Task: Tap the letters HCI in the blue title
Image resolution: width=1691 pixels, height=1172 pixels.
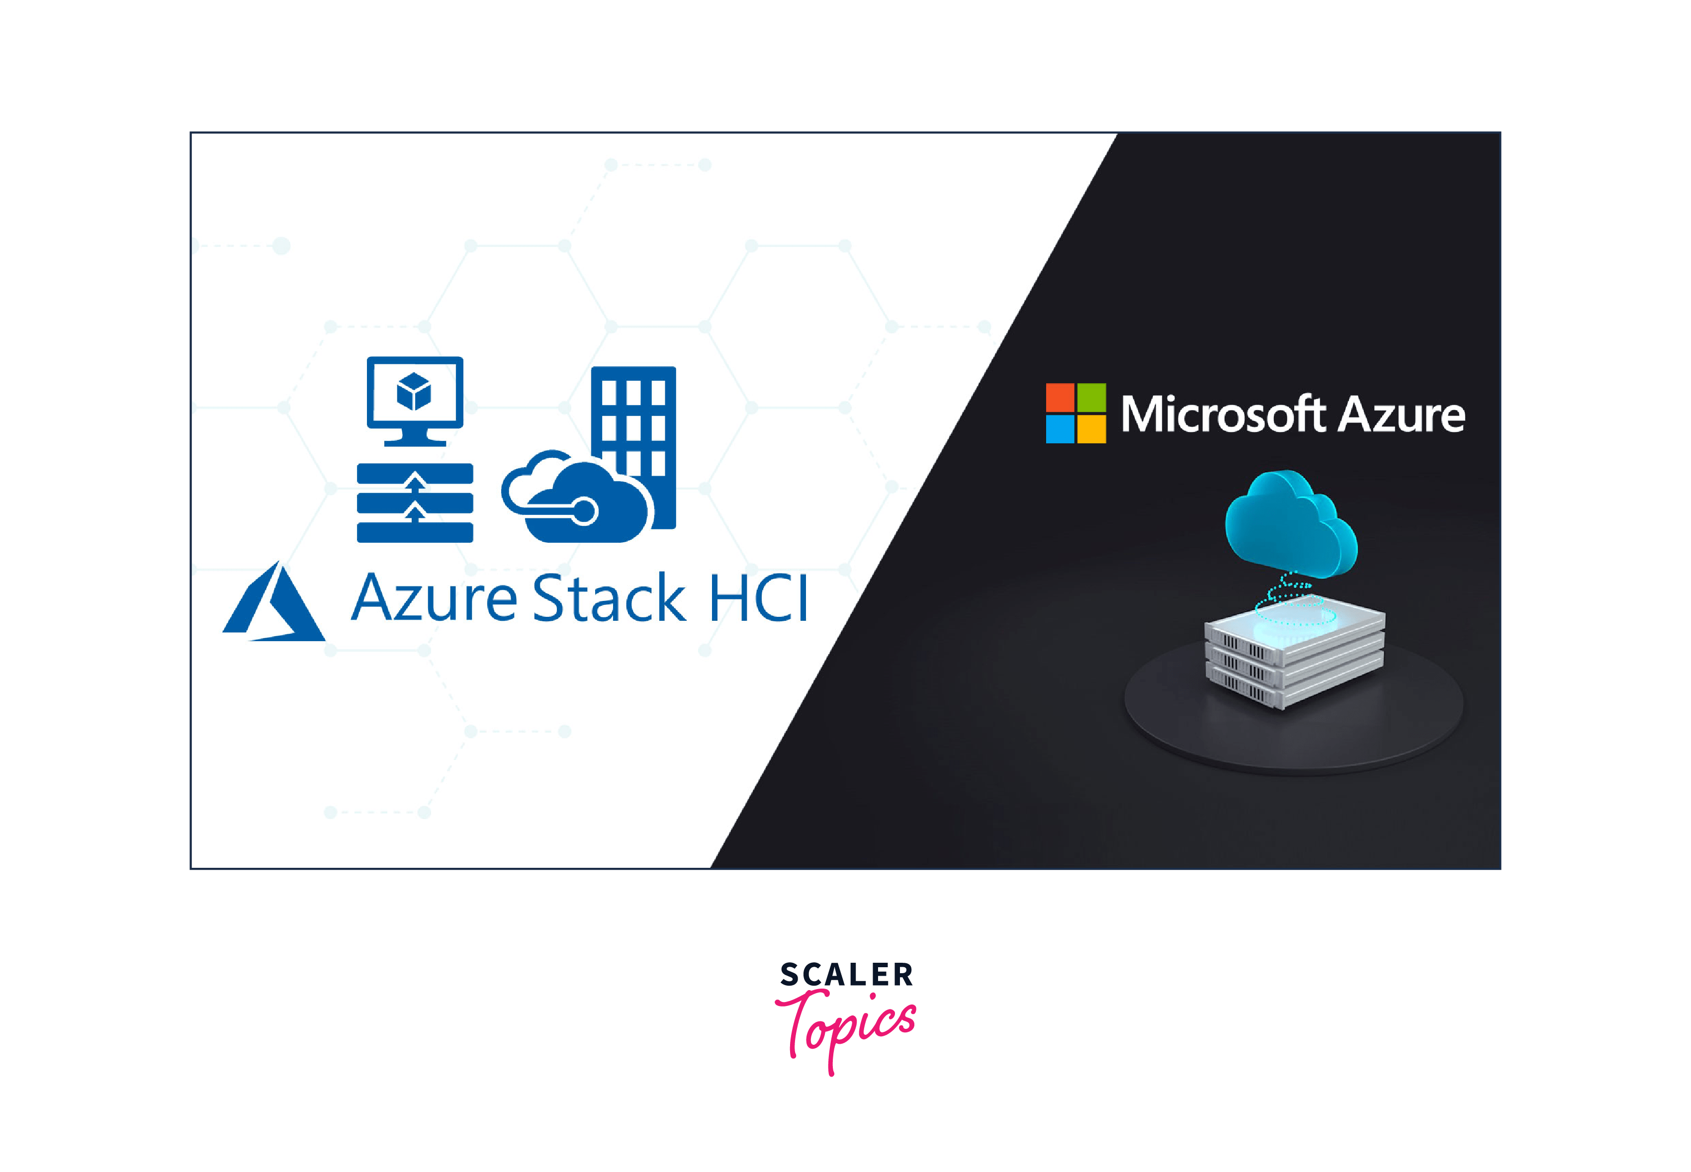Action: (758, 598)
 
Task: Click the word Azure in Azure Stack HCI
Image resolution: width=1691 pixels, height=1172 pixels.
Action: (434, 598)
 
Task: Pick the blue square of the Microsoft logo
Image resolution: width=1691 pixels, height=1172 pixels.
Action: (1060, 429)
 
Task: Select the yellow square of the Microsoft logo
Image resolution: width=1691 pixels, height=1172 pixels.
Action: (1091, 429)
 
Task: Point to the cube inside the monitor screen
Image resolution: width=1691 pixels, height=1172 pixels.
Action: (414, 391)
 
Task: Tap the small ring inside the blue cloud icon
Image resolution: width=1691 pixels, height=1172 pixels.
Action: (585, 510)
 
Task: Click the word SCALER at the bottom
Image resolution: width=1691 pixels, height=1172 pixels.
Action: (846, 975)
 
